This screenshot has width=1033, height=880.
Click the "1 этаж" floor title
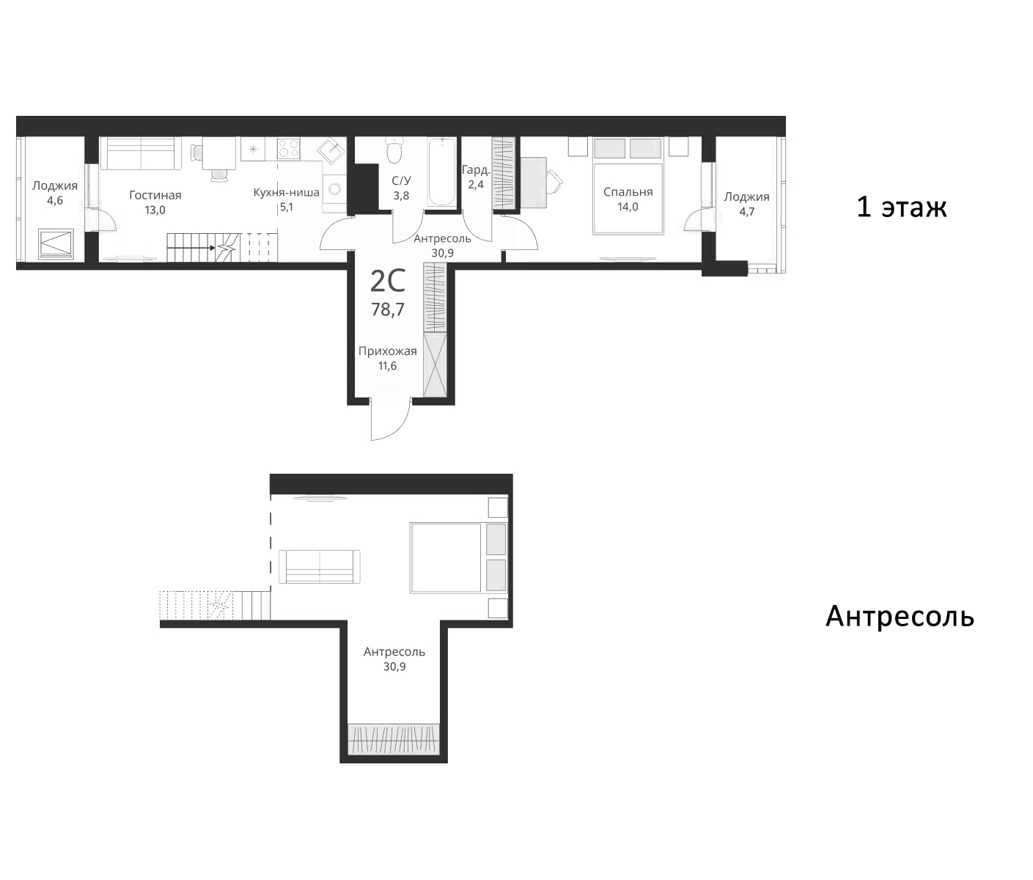tap(901, 208)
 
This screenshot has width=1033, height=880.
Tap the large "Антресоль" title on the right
tap(900, 617)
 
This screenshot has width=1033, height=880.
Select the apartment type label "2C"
tap(387, 281)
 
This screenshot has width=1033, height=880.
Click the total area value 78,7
tap(387, 309)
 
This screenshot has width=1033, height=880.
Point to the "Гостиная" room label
tap(155, 195)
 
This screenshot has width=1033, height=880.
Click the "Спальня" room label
tap(628, 192)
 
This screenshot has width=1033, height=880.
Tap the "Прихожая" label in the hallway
tap(387, 351)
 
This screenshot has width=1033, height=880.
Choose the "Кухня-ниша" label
tap(286, 193)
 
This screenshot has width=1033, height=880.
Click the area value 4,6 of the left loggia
tap(54, 200)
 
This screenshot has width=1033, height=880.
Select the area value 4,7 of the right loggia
tap(746, 211)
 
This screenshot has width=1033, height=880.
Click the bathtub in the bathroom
tap(442, 172)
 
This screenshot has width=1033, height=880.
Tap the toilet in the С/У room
tap(394, 153)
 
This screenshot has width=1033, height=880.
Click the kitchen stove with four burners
tap(288, 149)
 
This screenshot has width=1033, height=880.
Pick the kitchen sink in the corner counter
tap(332, 150)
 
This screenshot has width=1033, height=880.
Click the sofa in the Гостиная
tap(140, 153)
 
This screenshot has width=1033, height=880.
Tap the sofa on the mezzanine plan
tap(320, 567)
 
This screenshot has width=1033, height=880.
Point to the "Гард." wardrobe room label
tap(475, 170)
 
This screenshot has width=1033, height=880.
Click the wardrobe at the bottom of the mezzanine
tap(394, 738)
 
